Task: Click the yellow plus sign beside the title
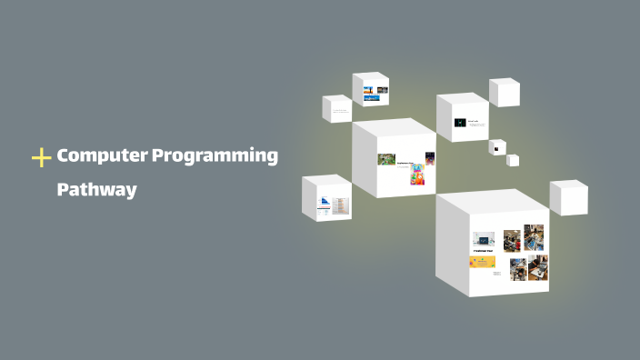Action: tap(41, 158)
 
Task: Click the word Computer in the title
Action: tap(102, 155)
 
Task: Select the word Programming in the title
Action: tap(215, 156)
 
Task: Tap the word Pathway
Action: tap(96, 190)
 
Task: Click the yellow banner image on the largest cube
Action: tap(482, 262)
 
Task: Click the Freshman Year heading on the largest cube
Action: tap(482, 250)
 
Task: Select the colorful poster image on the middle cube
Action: tap(418, 174)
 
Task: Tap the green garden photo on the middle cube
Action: tap(386, 159)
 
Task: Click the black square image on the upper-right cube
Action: tap(460, 122)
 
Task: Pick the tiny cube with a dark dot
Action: tap(497, 147)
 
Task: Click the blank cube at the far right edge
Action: tap(569, 197)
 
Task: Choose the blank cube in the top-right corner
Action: tap(505, 92)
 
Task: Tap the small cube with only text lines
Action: tap(337, 110)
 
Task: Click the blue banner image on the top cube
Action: tap(370, 97)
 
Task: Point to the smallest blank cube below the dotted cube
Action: tap(513, 160)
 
